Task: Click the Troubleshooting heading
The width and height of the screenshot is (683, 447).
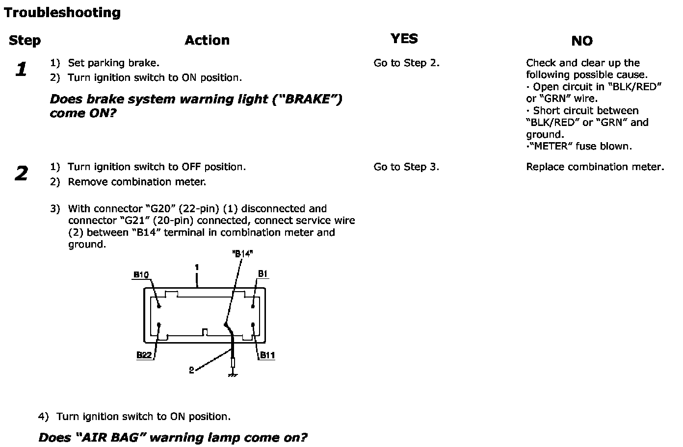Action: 62,13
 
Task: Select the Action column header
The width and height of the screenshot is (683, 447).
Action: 207,40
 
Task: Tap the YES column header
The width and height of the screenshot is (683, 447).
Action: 404,39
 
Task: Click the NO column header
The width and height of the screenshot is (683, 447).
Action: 582,41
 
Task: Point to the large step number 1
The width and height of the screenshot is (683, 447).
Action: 21,70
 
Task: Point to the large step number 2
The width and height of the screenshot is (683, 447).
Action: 21,174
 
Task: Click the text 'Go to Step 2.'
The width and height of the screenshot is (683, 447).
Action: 406,63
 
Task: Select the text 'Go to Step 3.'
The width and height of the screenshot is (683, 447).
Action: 406,167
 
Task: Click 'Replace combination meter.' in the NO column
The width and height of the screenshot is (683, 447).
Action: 595,167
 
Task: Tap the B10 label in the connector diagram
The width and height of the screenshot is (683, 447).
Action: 141,275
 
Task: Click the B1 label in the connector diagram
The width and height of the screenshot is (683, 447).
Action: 263,274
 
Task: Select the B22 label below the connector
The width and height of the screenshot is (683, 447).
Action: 144,355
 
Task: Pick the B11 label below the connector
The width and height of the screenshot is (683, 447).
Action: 267,355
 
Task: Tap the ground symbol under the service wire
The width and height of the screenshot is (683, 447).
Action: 233,374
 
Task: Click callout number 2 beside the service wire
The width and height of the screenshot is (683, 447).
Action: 191,371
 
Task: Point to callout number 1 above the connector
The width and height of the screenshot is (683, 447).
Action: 197,268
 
